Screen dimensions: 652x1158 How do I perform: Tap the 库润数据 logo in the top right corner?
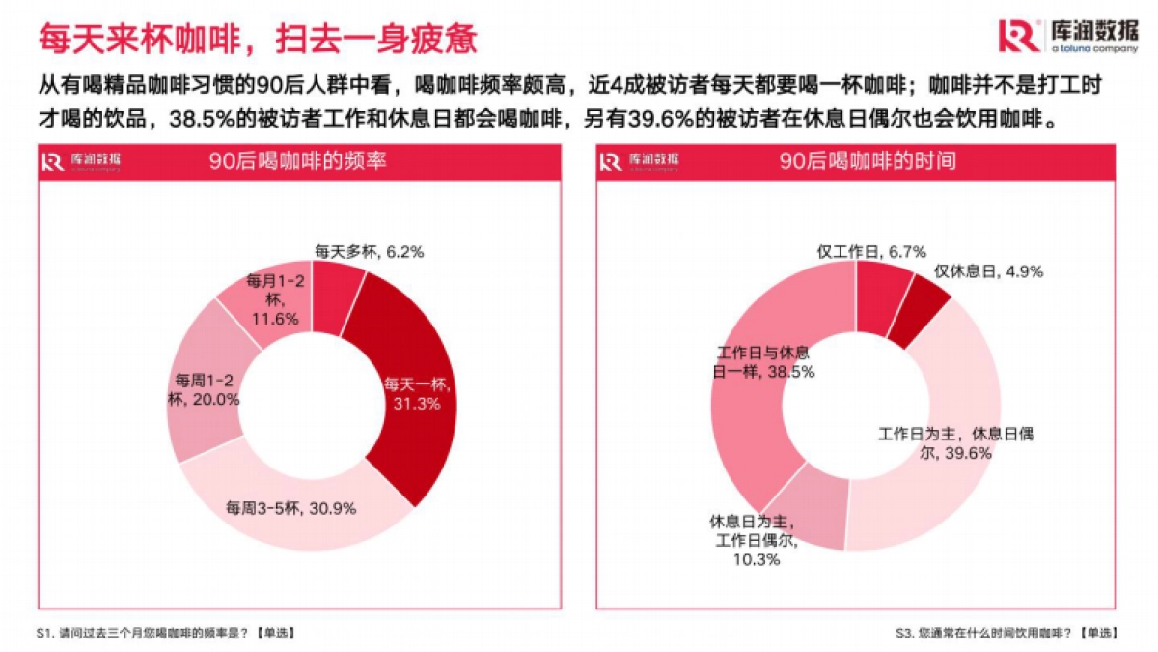(x=1067, y=36)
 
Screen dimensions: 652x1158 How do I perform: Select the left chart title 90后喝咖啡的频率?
(x=298, y=161)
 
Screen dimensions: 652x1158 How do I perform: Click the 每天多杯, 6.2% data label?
(x=370, y=252)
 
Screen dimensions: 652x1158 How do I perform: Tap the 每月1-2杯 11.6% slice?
(x=265, y=299)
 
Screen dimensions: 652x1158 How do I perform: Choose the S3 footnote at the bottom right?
(x=1006, y=633)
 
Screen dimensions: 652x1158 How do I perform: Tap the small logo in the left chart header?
(x=81, y=161)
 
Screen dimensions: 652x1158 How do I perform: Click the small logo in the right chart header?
(x=638, y=161)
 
